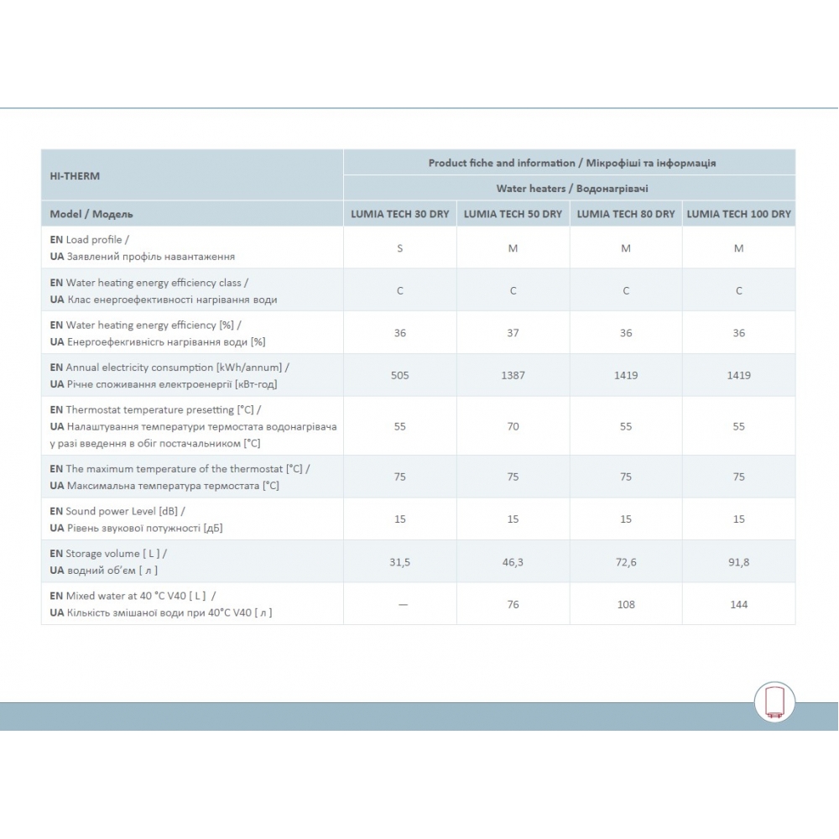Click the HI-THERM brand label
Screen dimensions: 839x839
74,176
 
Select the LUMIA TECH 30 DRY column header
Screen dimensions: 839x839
399,214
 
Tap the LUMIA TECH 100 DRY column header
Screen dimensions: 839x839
738,214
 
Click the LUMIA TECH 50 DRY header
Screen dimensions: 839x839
513,214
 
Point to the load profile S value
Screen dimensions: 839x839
399,248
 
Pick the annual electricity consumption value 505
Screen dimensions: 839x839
399,375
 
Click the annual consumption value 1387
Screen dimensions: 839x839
513,375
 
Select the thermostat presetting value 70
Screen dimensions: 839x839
513,426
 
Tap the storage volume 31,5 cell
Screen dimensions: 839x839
399,562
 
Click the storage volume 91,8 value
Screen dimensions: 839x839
738,562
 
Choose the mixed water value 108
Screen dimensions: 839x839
626,604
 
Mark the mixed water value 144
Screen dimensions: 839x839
738,604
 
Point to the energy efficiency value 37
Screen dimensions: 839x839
513,333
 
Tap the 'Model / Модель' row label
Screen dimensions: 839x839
91,214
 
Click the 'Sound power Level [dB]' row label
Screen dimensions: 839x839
117,511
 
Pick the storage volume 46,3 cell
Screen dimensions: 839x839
513,562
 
